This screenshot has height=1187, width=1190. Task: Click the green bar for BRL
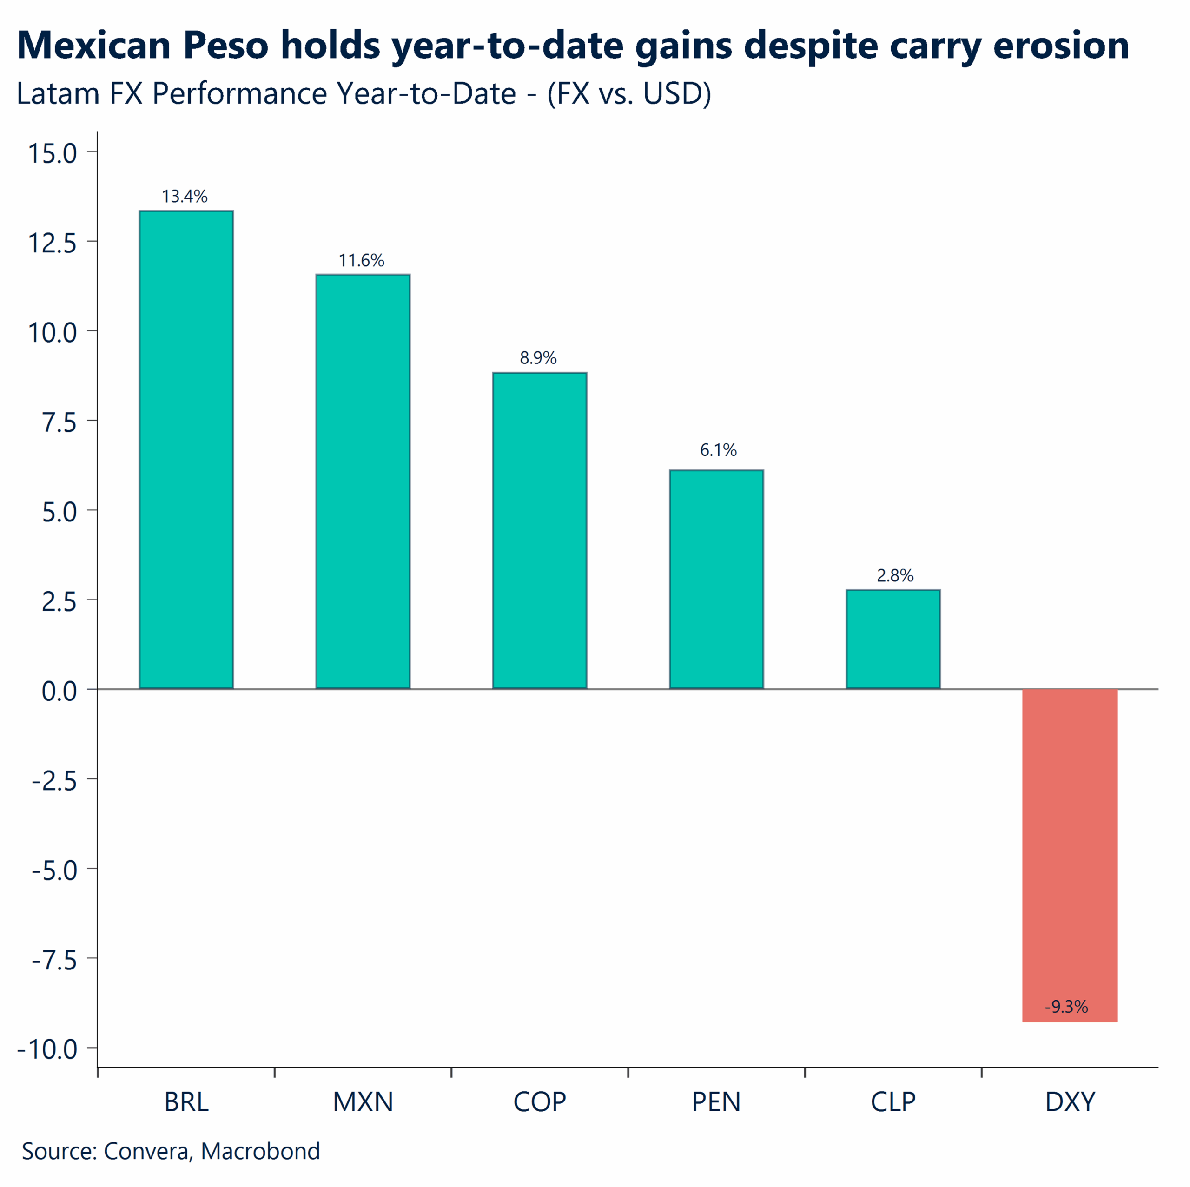point(186,450)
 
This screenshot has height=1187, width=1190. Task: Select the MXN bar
point(363,481)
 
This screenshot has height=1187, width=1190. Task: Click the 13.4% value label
point(185,197)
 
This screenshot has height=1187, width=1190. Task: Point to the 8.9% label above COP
point(538,358)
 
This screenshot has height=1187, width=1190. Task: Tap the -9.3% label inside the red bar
point(1067,1007)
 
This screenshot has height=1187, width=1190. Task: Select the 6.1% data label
point(718,450)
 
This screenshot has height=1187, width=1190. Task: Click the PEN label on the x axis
point(716,1102)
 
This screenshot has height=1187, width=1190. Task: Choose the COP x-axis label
point(540,1102)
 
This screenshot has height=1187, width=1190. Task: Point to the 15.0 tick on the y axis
point(53,153)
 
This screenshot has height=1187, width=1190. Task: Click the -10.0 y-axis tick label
point(48,1049)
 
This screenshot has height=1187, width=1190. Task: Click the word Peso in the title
point(226,46)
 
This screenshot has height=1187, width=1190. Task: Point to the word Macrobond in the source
point(260,1151)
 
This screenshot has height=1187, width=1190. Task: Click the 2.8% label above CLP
point(895,575)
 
